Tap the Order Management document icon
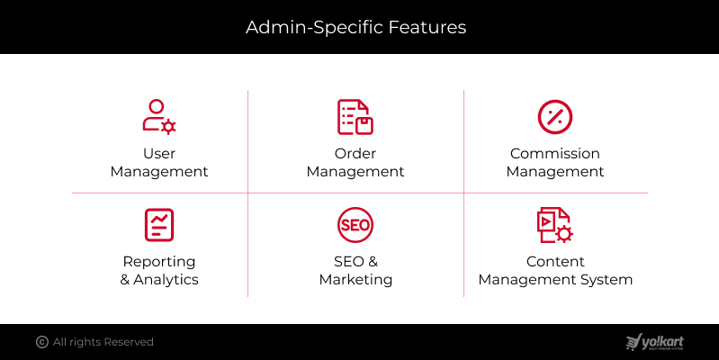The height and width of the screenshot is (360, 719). pos(355,117)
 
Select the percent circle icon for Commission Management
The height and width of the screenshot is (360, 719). pos(555,117)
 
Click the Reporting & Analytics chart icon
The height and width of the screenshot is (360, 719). pos(159,225)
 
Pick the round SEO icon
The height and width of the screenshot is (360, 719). pos(355,225)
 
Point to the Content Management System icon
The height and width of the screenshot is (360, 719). pos(555,225)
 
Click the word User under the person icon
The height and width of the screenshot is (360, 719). pos(159,153)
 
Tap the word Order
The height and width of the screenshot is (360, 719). pos(355,153)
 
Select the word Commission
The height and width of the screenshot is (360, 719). pos(555,153)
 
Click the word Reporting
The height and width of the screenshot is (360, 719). pos(159,262)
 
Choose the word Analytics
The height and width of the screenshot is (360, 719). pos(166,279)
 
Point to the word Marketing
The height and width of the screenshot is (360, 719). pos(355,279)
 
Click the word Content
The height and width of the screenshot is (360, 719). pos(555,261)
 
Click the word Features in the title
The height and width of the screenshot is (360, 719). pos(427,27)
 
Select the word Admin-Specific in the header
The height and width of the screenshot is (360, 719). pos(315,28)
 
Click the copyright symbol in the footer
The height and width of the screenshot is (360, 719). pos(42,342)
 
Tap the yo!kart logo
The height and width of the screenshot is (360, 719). pos(655,342)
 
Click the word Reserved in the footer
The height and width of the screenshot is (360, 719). pos(129,342)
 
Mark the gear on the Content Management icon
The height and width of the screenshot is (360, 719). pos(564,234)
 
